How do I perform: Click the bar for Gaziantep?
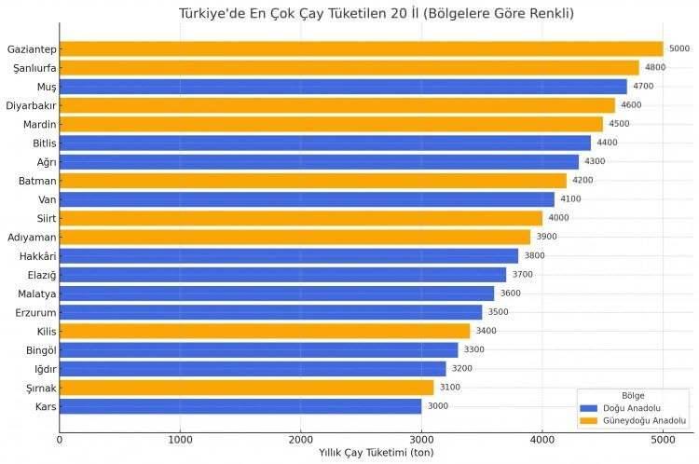pos(361,48)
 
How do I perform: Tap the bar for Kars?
pos(240,406)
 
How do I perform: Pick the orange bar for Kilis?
pos(265,331)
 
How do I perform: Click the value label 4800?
pos(655,68)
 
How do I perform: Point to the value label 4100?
pos(570,199)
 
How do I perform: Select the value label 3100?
pos(449,388)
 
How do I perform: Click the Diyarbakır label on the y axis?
pos(31,105)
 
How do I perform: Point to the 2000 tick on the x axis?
pos(301,439)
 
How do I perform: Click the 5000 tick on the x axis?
pos(663,439)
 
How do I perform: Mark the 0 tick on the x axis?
pos(60,439)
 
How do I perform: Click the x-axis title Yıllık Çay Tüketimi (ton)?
pos(376,453)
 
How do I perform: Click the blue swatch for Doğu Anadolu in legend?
pos(588,408)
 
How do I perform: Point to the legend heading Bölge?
pos(633,395)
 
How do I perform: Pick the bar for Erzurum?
pos(271,312)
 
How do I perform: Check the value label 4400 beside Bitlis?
pos(607,143)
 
